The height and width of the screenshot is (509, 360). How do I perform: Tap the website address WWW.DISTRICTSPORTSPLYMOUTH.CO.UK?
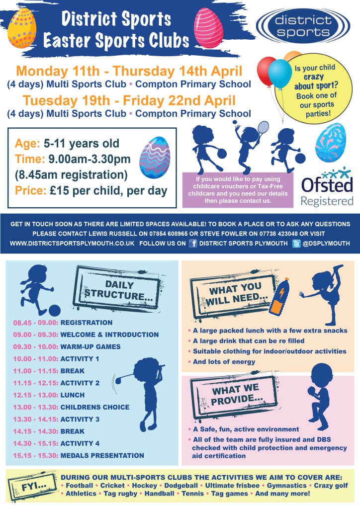[x=72, y=244]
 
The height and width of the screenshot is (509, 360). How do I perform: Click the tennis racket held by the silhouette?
[x=262, y=128]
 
